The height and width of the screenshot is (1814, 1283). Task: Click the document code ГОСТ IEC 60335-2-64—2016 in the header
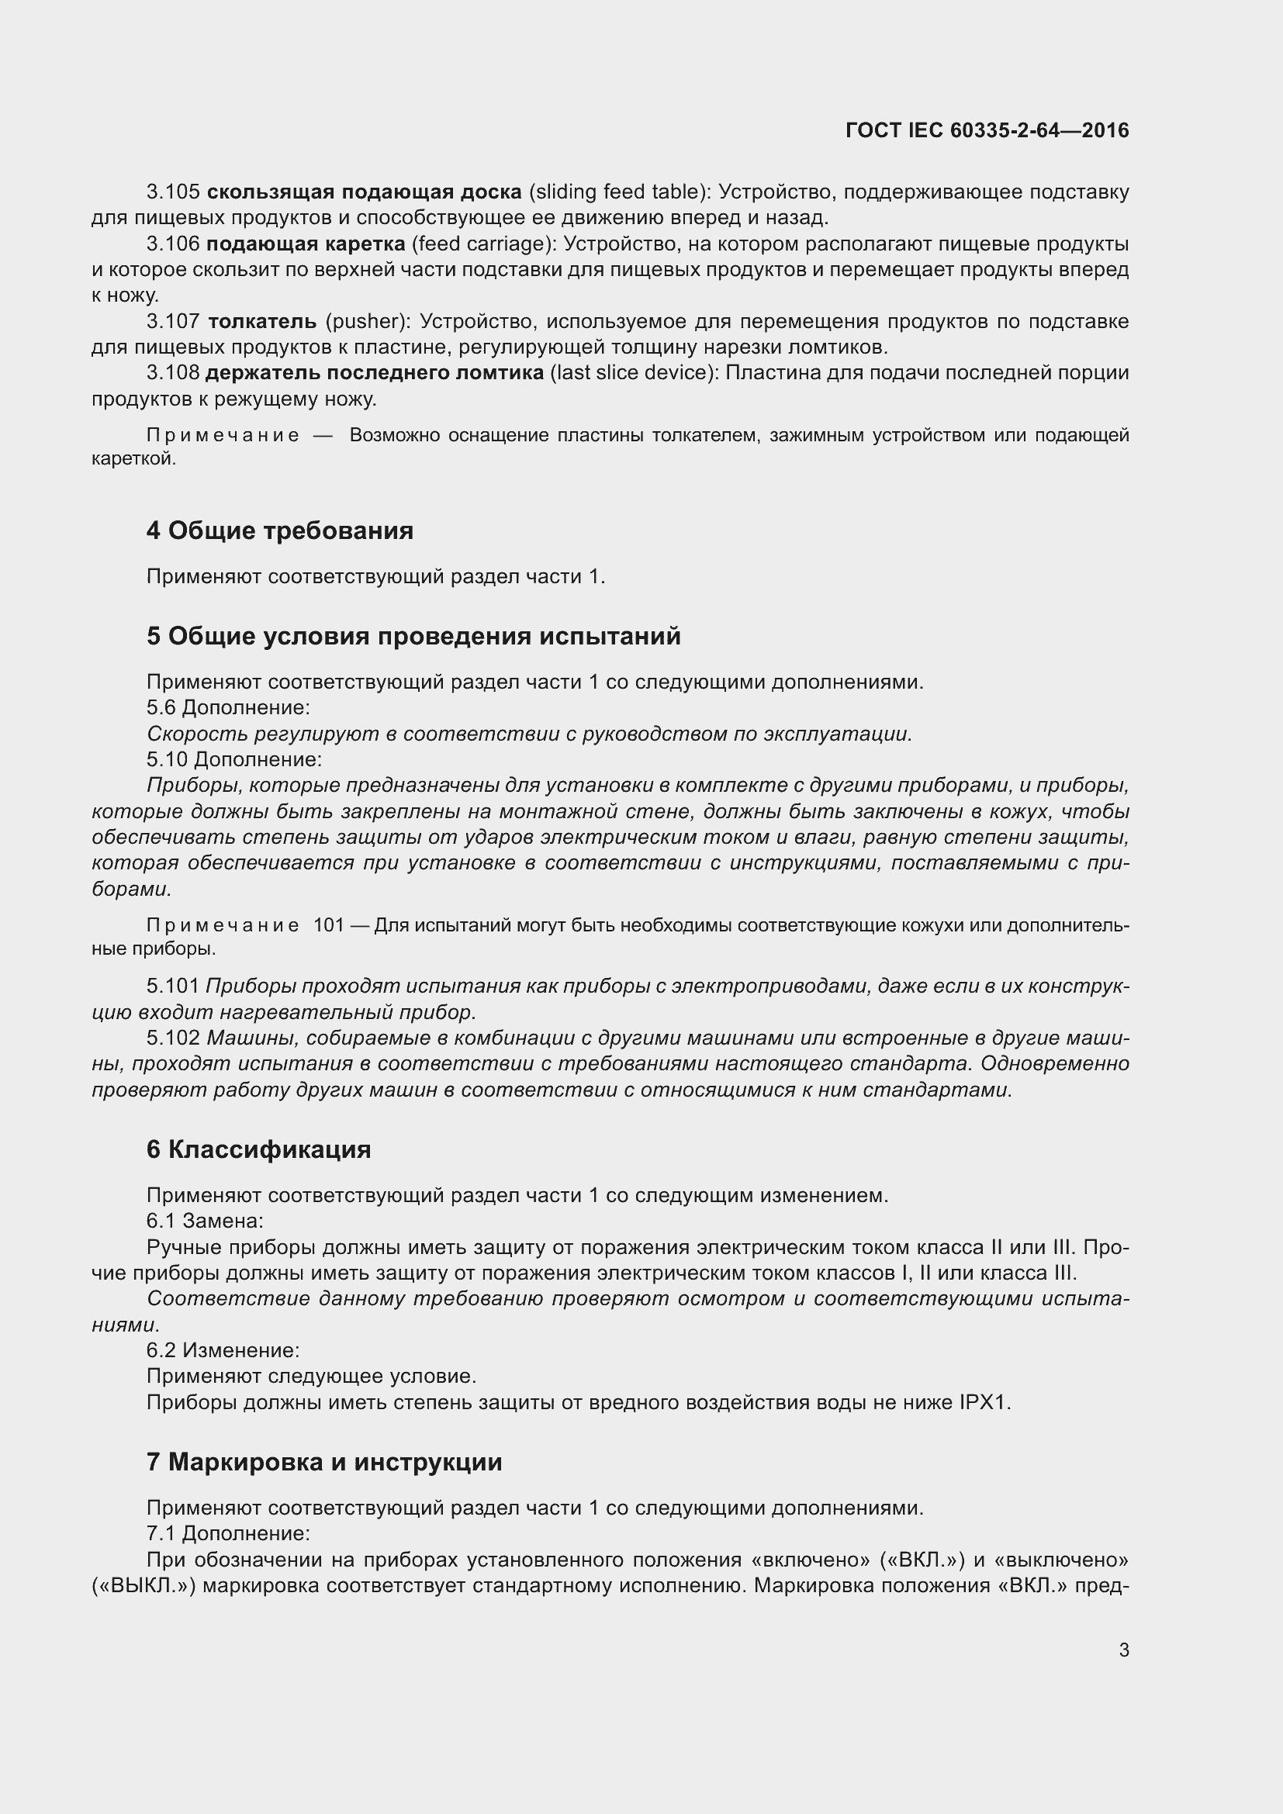[x=987, y=130]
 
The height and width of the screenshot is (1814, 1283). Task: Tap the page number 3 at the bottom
[x=1123, y=1650]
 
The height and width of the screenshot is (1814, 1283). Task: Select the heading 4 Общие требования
[x=280, y=530]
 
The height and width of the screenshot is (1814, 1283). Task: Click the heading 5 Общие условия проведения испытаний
[x=413, y=636]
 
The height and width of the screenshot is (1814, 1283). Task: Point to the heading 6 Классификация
[x=258, y=1149]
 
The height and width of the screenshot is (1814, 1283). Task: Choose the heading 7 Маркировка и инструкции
[x=324, y=1463]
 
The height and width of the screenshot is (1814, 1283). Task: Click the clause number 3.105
[x=173, y=192]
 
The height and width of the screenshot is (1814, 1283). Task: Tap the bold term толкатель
[x=262, y=322]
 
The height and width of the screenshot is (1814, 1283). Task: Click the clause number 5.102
[x=173, y=1038]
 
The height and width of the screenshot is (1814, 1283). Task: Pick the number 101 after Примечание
[x=329, y=925]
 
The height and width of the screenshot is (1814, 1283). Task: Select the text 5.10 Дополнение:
[x=233, y=760]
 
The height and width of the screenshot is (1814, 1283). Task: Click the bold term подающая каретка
[x=306, y=244]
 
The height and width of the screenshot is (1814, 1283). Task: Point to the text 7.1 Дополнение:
[x=227, y=1534]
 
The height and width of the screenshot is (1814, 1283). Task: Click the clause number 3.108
[x=173, y=372]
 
